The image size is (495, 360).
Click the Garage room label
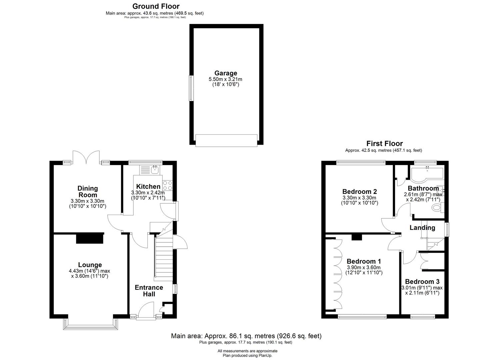(x=226, y=73)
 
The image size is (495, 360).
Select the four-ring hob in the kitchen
(x=168, y=185)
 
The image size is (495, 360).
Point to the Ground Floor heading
(x=156, y=6)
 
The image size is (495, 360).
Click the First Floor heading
(x=385, y=144)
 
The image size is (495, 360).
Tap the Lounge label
(x=90, y=265)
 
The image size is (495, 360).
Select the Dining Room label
(x=88, y=192)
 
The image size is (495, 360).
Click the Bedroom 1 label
(x=364, y=261)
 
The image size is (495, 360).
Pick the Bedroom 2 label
(x=360, y=191)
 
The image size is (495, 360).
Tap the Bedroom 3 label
(x=422, y=282)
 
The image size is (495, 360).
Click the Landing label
(x=422, y=228)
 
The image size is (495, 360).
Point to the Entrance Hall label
(x=149, y=291)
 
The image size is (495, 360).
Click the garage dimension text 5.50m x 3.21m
(x=225, y=79)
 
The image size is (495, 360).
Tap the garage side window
(x=191, y=88)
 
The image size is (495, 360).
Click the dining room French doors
(x=86, y=157)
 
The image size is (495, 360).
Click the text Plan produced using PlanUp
(x=247, y=356)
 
